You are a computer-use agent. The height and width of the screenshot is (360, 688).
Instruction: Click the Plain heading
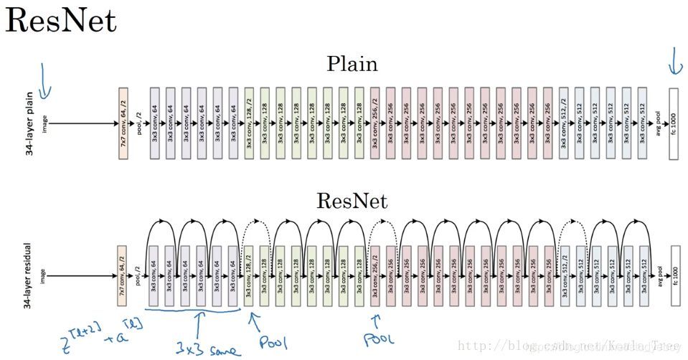(352, 64)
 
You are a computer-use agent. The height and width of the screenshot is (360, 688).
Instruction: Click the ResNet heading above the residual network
(352, 201)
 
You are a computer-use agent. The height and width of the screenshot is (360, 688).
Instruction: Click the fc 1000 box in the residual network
(673, 275)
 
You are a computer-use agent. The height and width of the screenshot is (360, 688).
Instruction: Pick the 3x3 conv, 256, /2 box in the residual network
(375, 275)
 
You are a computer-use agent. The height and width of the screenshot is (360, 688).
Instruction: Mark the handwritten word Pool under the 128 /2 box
(273, 341)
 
